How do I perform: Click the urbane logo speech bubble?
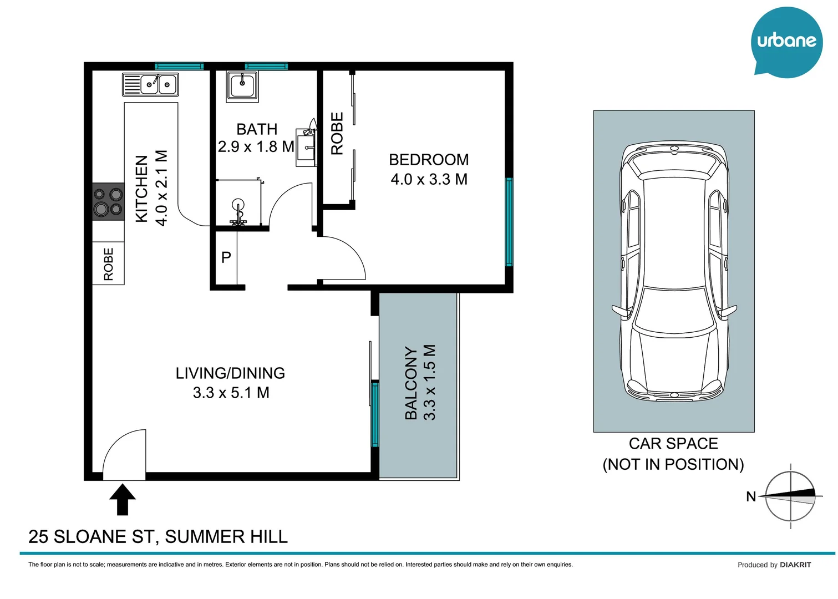[x=786, y=42]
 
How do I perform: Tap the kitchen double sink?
[x=150, y=85]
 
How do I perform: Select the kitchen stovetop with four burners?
[x=108, y=201]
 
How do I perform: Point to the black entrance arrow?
[x=123, y=499]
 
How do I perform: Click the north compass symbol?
[x=790, y=496]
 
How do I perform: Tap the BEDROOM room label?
[x=428, y=160]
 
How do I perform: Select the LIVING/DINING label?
[x=230, y=373]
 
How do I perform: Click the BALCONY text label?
[x=411, y=383]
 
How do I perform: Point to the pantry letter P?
[x=226, y=257]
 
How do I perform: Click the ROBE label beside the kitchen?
[x=109, y=264]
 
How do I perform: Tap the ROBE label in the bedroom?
[x=337, y=133]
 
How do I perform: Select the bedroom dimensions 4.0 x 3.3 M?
[x=429, y=180]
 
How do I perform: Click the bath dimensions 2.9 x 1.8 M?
[x=256, y=147]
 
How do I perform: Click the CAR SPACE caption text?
[x=673, y=444]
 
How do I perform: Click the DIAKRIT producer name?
[x=795, y=565]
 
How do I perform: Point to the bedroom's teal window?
[x=509, y=222]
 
